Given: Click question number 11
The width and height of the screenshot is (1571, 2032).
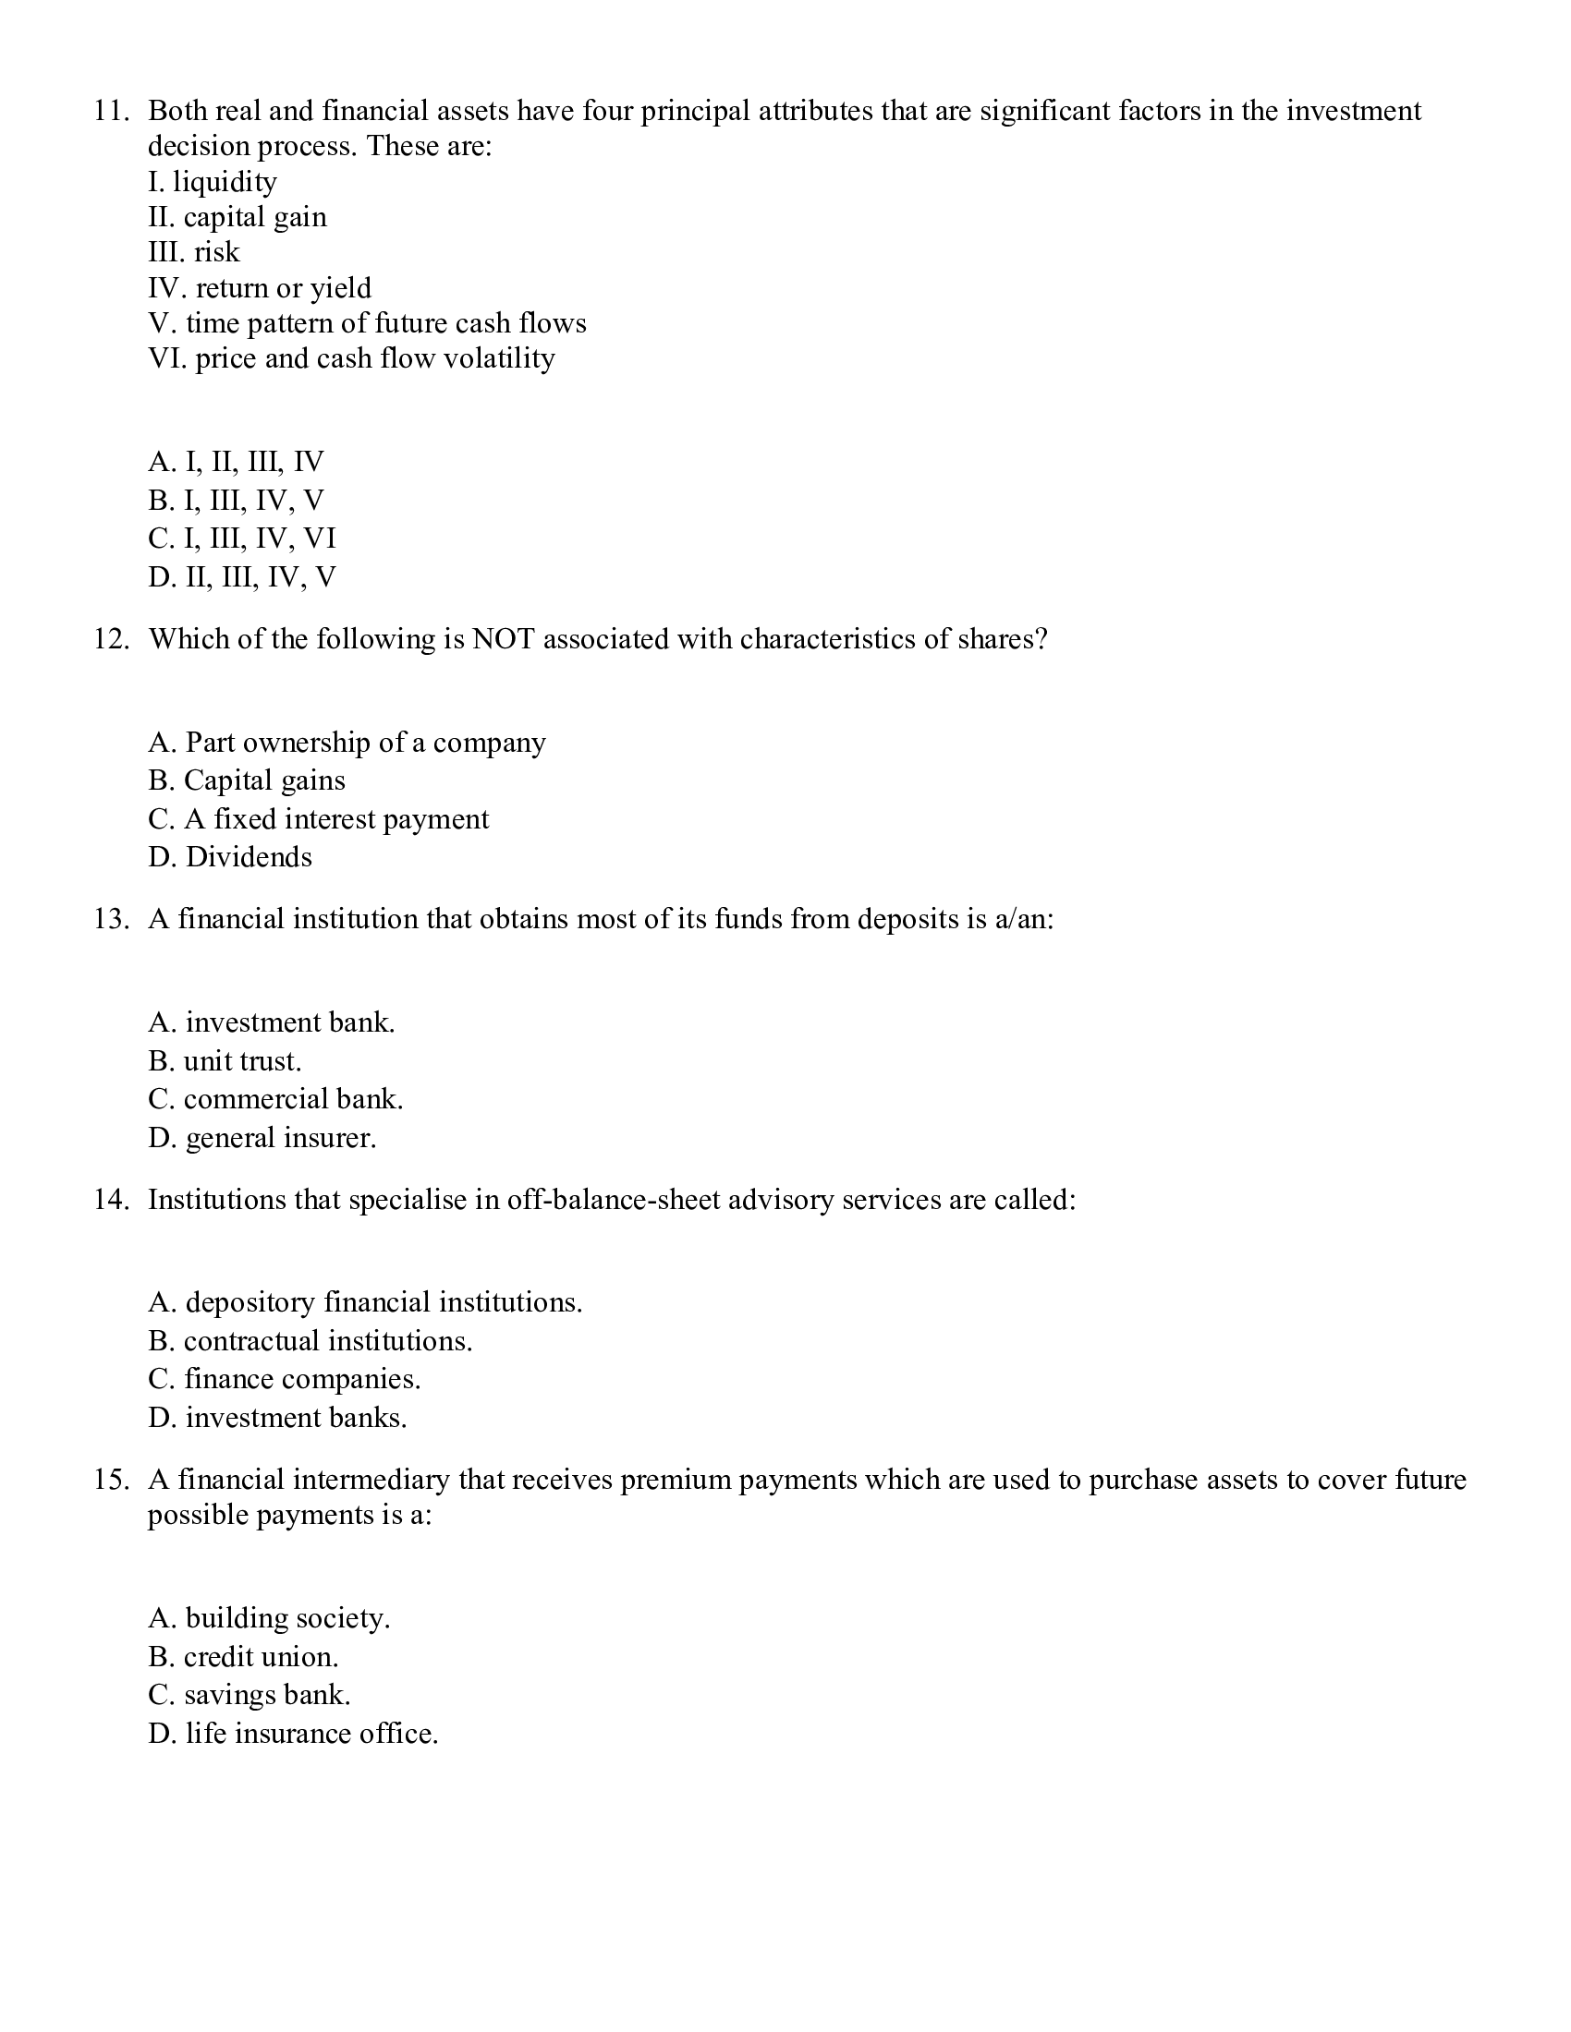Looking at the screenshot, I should [x=110, y=112].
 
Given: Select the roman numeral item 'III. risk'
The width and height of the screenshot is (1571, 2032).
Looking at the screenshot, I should [x=193, y=252].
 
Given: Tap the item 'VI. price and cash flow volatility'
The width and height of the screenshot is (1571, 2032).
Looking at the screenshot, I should [x=351, y=358].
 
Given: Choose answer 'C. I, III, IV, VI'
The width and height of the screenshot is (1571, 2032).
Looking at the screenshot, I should [x=241, y=538].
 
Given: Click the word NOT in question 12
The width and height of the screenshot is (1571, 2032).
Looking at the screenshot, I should [x=503, y=639].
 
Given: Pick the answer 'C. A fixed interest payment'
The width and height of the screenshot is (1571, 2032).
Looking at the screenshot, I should [x=317, y=818].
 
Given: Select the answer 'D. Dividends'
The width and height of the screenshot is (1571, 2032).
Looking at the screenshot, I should [x=230, y=857].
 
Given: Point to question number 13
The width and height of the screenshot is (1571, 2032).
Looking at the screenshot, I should [x=110, y=919].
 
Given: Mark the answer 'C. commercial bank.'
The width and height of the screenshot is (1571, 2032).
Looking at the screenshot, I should [x=274, y=1100].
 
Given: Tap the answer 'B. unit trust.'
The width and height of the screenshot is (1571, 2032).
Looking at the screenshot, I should [x=225, y=1061].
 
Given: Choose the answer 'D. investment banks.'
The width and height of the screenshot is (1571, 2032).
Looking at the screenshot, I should [x=277, y=1418].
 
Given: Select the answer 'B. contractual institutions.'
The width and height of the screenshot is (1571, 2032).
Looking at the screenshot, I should [x=310, y=1341].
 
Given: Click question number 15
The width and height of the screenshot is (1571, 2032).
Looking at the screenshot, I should [x=110, y=1481].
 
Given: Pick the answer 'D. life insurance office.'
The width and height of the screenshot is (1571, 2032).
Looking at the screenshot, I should [x=292, y=1735].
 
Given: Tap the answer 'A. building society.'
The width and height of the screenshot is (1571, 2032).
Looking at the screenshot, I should [x=269, y=1619].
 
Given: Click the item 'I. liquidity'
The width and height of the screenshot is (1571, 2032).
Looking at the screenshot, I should [x=213, y=182].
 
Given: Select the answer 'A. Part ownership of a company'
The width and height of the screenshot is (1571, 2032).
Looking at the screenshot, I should [x=347, y=743].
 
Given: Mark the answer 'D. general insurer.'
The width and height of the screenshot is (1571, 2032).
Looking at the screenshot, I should [x=262, y=1138].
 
